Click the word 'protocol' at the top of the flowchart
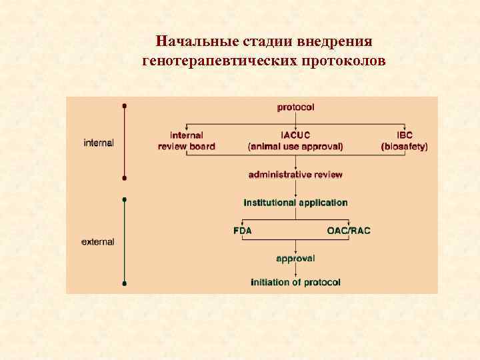click(x=295, y=107)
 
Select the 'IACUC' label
click(x=295, y=135)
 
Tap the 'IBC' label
click(x=405, y=135)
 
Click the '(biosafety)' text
click(x=405, y=147)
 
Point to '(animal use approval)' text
click(x=295, y=147)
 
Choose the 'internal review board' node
click(x=187, y=141)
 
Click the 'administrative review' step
click(x=295, y=175)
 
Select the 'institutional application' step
click(x=295, y=203)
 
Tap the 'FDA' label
click(x=243, y=231)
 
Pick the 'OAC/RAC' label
click(x=348, y=231)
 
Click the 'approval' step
click(x=295, y=258)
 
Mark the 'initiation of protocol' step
click(x=295, y=283)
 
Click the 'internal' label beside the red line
click(x=99, y=143)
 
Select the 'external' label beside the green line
click(x=98, y=242)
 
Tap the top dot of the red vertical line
click(x=125, y=106)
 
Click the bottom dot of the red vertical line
click(x=125, y=178)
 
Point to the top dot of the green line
click(x=125, y=199)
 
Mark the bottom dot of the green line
click(x=125, y=283)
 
